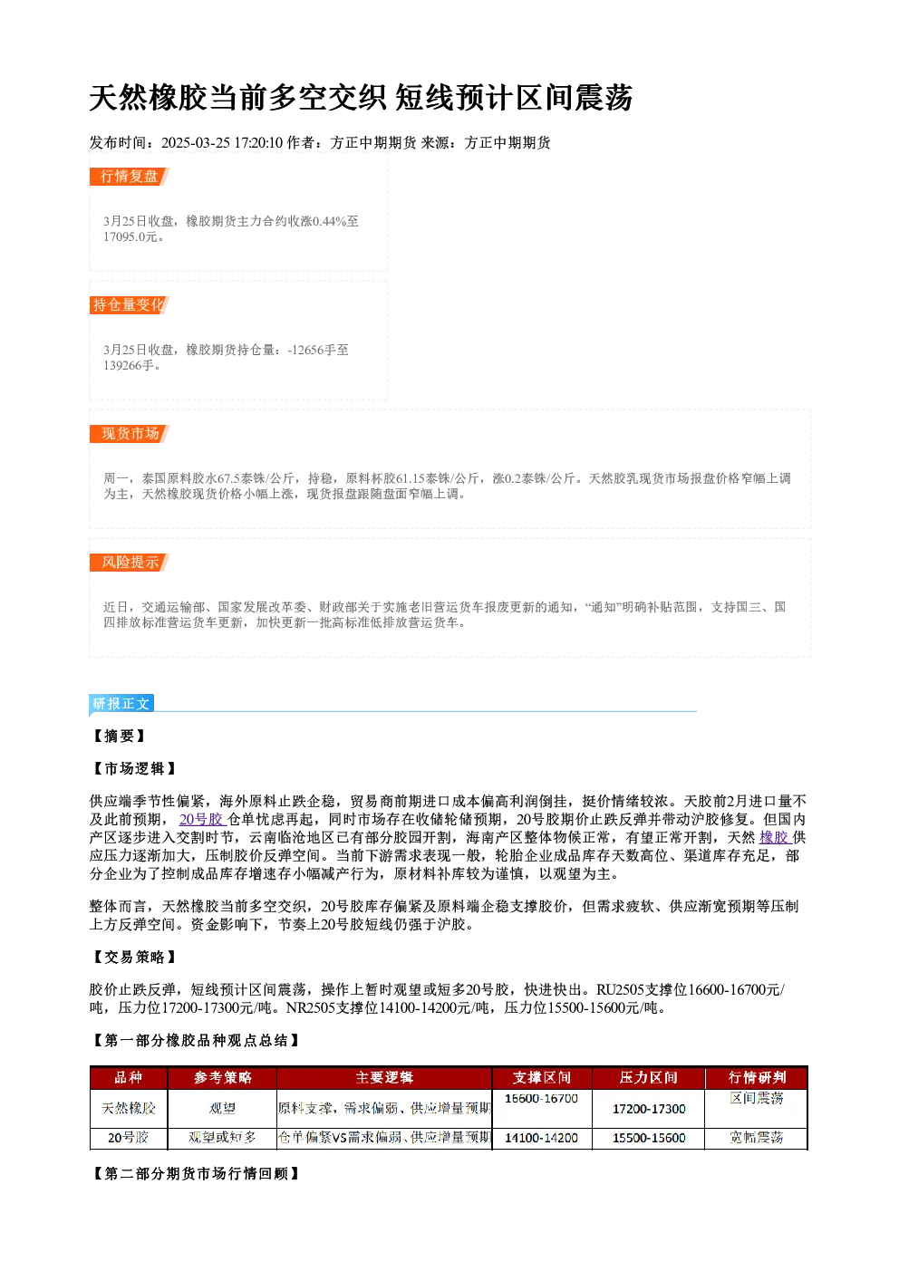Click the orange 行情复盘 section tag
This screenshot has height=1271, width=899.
(x=130, y=177)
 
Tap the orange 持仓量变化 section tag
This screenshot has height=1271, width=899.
(x=130, y=305)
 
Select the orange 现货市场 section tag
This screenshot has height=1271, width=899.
(x=130, y=434)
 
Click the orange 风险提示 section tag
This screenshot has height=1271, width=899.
(x=130, y=563)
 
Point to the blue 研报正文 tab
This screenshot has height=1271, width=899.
(x=121, y=704)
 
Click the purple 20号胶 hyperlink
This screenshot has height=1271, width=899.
(x=202, y=819)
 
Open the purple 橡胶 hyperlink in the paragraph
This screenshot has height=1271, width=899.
(x=775, y=837)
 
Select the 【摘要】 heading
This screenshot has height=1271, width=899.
(x=119, y=737)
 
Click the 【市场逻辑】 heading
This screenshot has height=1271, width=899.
(x=134, y=769)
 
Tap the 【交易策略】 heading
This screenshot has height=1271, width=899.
(x=134, y=958)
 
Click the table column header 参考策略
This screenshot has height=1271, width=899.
(x=222, y=1077)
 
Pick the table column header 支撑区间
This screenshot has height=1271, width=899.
(x=541, y=1077)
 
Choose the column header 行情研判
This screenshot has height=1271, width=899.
(x=757, y=1077)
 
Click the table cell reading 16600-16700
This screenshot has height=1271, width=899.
(x=541, y=1099)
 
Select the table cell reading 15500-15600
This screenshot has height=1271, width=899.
(x=649, y=1138)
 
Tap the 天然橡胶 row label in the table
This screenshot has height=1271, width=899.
(x=129, y=1108)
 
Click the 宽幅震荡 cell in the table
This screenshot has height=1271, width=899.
(x=757, y=1138)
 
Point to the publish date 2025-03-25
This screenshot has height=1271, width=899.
(x=196, y=142)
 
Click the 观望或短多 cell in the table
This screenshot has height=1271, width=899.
(x=222, y=1138)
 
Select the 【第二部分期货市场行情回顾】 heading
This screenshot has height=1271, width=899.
(x=195, y=1173)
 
